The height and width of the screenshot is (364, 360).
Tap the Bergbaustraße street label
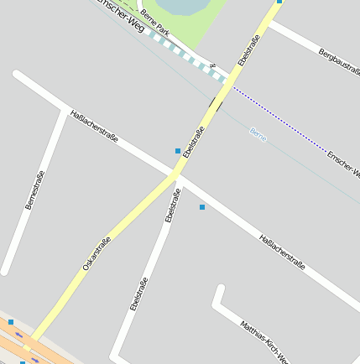coord(338,65)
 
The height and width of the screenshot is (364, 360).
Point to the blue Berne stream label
coord(258,133)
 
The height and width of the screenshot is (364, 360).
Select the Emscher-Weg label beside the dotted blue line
coord(343,165)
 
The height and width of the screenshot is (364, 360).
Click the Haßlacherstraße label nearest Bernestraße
coord(94,125)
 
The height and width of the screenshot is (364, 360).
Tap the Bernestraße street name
coord(34,190)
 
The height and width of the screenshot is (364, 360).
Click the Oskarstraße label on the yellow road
coord(97,253)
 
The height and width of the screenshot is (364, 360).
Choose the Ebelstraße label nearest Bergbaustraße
coord(248,49)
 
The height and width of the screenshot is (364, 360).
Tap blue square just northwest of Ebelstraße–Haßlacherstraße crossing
coord(178,151)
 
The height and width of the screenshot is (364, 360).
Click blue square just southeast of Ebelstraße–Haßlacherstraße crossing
coord(201,206)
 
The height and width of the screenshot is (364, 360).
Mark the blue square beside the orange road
coord(11,322)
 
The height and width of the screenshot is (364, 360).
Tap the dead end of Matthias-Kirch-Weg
coord(220,289)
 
